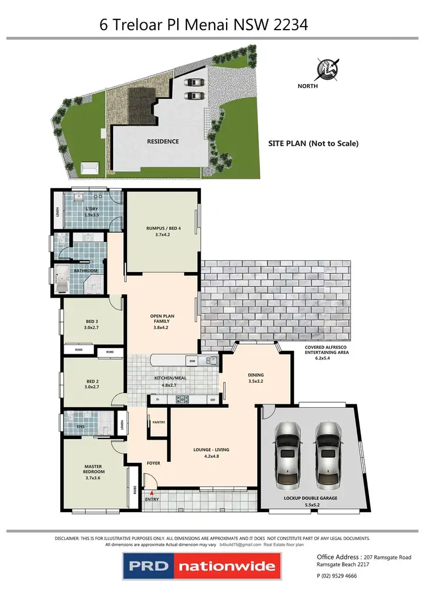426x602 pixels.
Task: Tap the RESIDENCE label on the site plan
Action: [x=163, y=141]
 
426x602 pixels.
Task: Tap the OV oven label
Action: [x=212, y=400]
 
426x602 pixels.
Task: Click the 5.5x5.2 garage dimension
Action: [x=310, y=505]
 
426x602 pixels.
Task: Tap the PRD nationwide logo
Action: [x=201, y=566]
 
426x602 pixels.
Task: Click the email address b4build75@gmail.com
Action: [x=239, y=545]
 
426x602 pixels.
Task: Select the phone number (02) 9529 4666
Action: [x=341, y=576]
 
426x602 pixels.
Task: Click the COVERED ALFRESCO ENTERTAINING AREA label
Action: [x=326, y=349]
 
